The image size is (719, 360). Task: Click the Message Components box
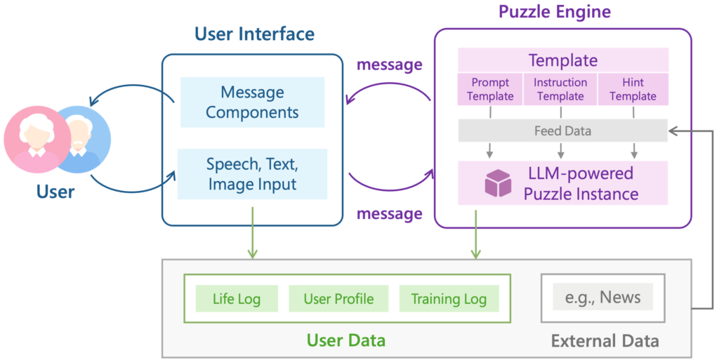[252, 102]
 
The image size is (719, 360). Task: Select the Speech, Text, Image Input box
[252, 174]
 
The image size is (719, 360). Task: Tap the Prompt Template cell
[490, 89]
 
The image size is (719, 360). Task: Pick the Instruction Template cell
[560, 89]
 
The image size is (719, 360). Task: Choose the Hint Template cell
[633, 89]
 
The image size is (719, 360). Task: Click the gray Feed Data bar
[562, 131]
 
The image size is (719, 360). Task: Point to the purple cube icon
[498, 183]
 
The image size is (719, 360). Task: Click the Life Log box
[237, 299]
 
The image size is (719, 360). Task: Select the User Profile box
[338, 299]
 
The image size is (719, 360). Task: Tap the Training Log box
[449, 299]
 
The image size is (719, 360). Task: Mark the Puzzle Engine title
[555, 11]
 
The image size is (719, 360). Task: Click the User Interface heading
[254, 34]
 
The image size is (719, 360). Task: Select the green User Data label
[345, 341]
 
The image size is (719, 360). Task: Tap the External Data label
[605, 341]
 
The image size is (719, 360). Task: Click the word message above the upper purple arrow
[390, 65]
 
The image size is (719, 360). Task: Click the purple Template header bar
[562, 60]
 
